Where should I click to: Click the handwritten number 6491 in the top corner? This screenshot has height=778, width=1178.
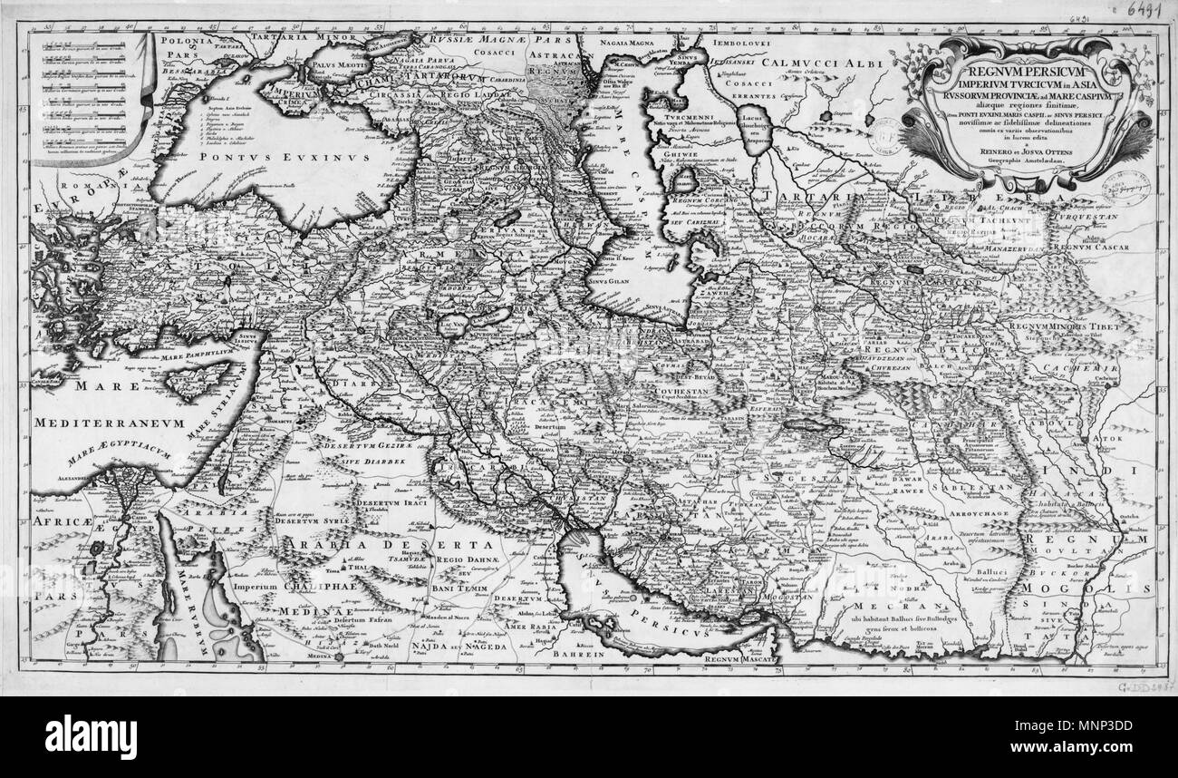[1145, 11]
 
